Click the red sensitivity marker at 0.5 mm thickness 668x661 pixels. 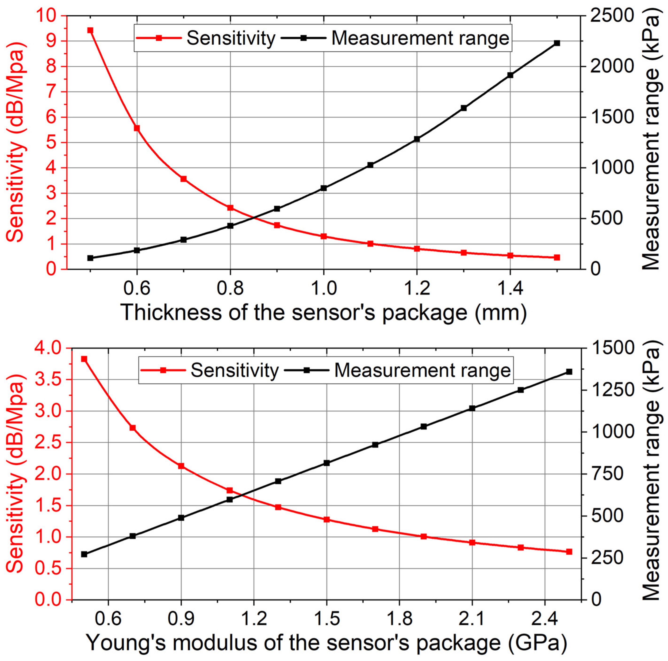(x=90, y=31)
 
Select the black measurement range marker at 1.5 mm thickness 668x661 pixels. (x=557, y=43)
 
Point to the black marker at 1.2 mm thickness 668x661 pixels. (x=417, y=139)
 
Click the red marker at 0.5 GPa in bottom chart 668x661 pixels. (x=84, y=359)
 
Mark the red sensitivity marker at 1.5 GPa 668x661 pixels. (x=326, y=520)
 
